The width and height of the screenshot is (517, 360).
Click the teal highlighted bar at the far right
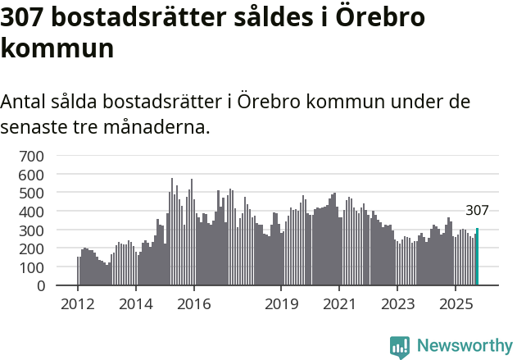pos(477,257)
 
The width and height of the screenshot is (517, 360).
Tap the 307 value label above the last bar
pos(477,211)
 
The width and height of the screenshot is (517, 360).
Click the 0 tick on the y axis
pos(40,285)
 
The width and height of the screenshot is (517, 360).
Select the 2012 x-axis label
pos(78,304)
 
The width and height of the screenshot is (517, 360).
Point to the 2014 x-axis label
pos(136,304)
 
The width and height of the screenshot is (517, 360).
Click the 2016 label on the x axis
pos(193,304)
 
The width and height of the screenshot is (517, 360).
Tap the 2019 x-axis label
pos(280,304)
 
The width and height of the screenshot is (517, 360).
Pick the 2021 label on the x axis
pos(338,304)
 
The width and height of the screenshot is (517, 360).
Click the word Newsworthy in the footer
pos(464,346)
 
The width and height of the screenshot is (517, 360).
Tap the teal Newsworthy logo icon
pos(400,347)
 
